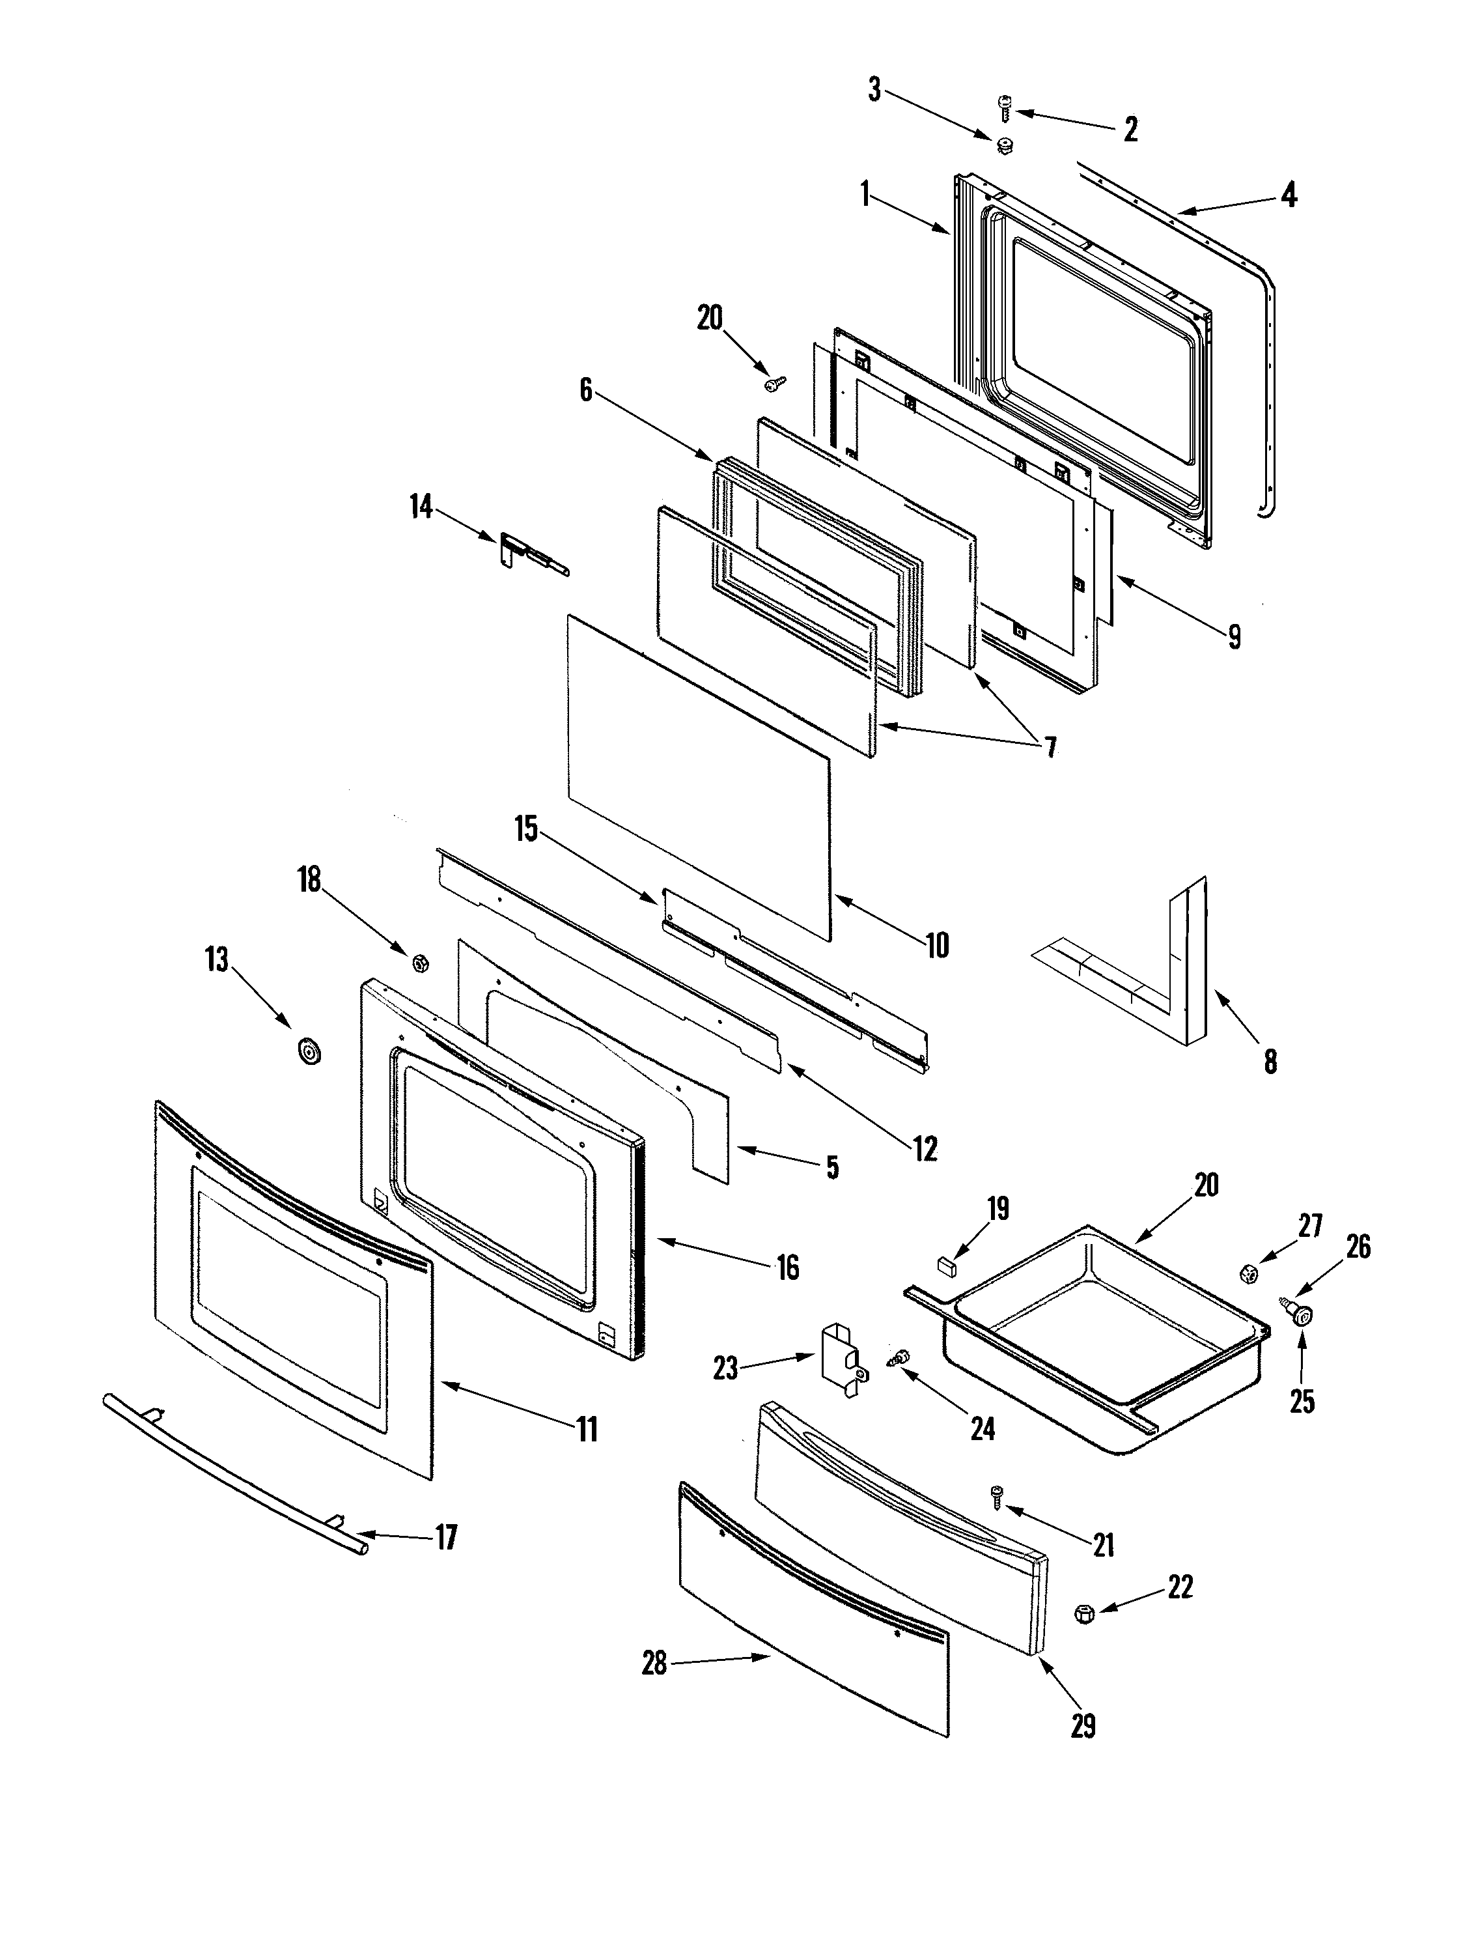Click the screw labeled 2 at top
pyautogui.click(x=1003, y=109)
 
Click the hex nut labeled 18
pyautogui.click(x=421, y=962)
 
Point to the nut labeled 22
pyautogui.click(x=1083, y=1613)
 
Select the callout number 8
pyautogui.click(x=1270, y=1062)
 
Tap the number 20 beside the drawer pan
pyautogui.click(x=1207, y=1185)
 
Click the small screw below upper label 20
pyautogui.click(x=774, y=382)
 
